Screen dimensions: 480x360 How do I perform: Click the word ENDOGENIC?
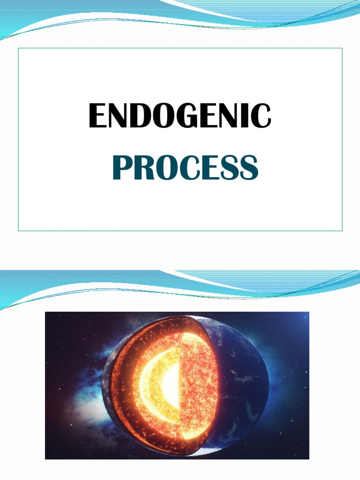coord(180,116)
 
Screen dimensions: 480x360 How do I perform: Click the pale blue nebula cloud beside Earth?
coord(84,403)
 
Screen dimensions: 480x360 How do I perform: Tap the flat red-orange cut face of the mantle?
coord(199,384)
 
